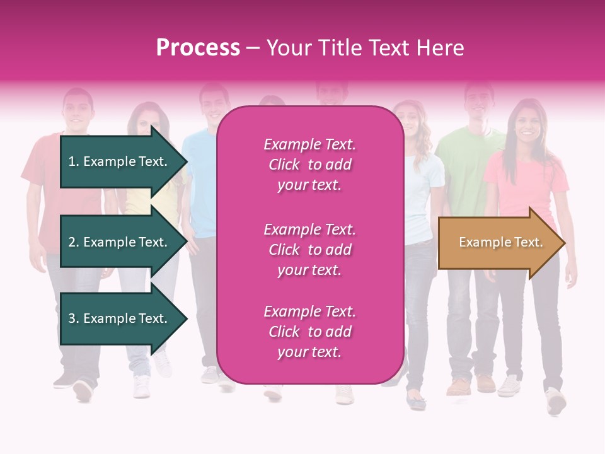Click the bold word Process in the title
tap(198, 48)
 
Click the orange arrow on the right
tap(500, 243)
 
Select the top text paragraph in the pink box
tap(309, 165)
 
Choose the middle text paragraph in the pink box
tap(309, 250)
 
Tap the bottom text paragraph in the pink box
tap(309, 332)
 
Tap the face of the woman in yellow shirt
tap(146, 122)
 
